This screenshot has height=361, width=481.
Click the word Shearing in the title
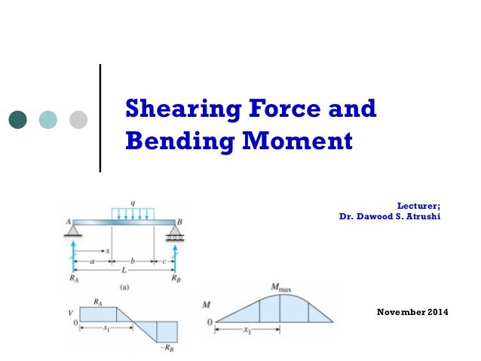170,109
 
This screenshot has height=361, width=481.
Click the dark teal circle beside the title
18,119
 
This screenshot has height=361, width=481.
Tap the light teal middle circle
48,119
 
